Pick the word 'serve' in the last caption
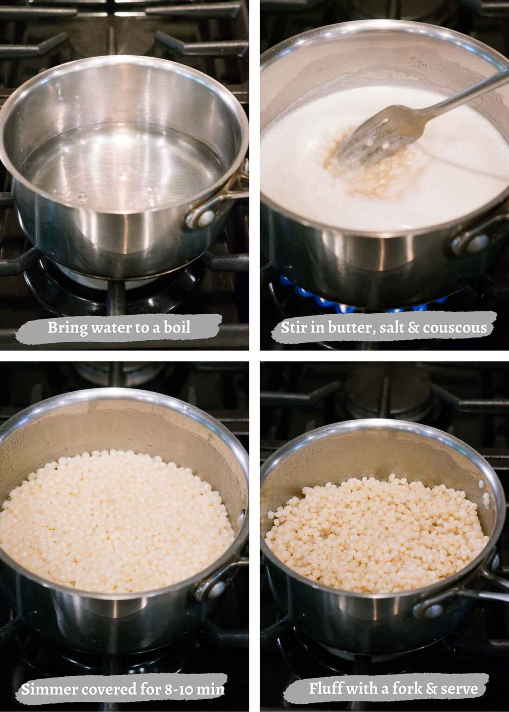click(x=459, y=688)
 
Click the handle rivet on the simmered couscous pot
click(x=216, y=590)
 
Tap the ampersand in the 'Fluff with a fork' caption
click(x=432, y=688)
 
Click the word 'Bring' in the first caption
click(x=67, y=328)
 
